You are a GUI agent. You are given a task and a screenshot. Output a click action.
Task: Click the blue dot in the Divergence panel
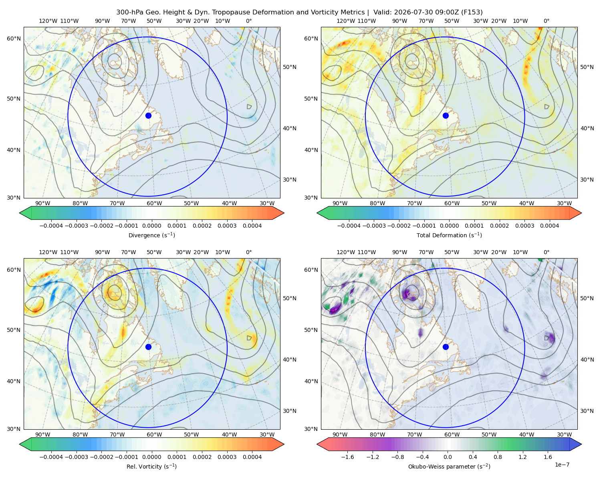[x=148, y=115]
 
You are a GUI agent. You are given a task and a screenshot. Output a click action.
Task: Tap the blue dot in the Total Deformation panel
[x=446, y=115]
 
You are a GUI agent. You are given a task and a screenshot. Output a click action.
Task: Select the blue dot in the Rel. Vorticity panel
[x=148, y=347]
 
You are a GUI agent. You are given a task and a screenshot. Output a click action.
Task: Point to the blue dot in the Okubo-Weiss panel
[x=446, y=347]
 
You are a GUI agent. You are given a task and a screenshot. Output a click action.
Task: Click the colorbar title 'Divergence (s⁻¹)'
[x=151, y=235]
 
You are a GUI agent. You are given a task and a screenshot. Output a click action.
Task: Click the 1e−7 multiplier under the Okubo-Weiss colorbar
[x=562, y=465]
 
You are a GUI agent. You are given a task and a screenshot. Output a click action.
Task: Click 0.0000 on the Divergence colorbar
[x=151, y=226]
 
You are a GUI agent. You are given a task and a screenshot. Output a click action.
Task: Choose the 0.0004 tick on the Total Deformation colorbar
[x=549, y=226]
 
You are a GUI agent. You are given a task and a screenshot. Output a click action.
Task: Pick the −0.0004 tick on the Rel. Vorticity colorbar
[x=51, y=457]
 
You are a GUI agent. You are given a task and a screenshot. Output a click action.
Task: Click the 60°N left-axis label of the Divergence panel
[x=14, y=38]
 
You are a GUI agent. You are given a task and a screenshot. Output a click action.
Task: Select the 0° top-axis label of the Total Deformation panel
[x=546, y=21]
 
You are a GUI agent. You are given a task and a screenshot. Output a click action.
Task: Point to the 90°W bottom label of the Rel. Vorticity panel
[x=43, y=435]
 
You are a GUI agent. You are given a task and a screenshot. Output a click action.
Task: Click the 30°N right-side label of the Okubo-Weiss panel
[x=587, y=410]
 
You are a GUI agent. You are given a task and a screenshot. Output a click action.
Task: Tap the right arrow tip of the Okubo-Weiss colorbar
[x=581, y=444]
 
